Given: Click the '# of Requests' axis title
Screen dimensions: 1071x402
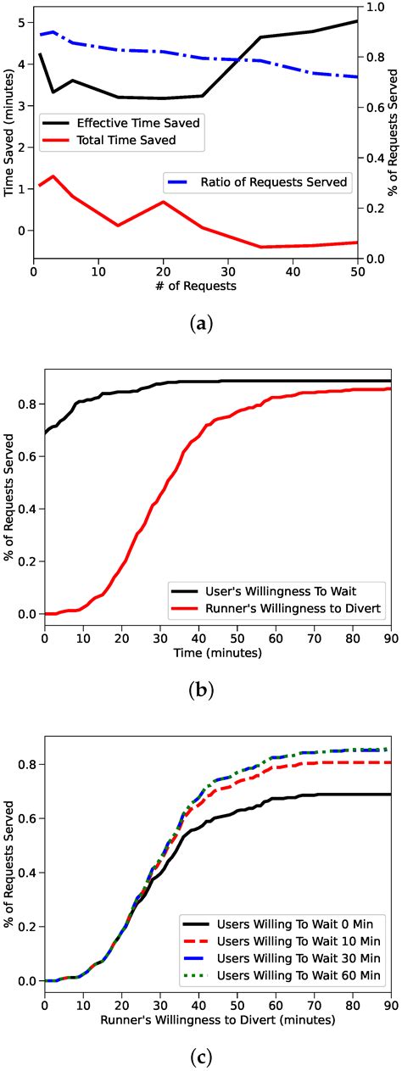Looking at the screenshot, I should pyautogui.click(x=195, y=286).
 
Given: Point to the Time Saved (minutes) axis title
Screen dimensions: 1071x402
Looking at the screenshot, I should pyautogui.click(x=9, y=136).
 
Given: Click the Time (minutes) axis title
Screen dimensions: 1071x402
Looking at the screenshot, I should pyautogui.click(x=217, y=653).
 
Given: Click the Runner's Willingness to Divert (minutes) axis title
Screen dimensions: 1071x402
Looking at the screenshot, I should pyautogui.click(x=217, y=1020).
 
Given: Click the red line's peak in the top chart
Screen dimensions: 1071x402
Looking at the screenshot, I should pyautogui.click(x=53, y=176).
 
